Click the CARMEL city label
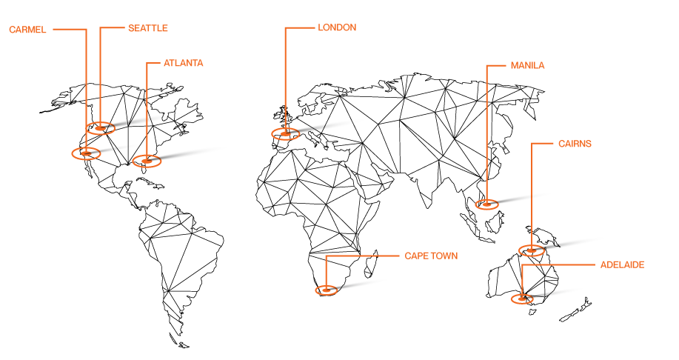[27, 30]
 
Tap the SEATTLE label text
[148, 28]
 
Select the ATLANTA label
[184, 64]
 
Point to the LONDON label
[337, 27]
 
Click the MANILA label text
[527, 65]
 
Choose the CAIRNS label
[575, 144]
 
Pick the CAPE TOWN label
[431, 256]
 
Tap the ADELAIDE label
[622, 264]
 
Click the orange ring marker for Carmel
[86, 153]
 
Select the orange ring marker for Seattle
[100, 127]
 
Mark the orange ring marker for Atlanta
[147, 160]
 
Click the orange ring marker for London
[285, 133]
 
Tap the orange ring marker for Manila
[486, 204]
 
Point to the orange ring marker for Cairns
[531, 250]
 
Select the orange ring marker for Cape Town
[326, 290]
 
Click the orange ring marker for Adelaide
[522, 299]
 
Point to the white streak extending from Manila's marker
[529, 196]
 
